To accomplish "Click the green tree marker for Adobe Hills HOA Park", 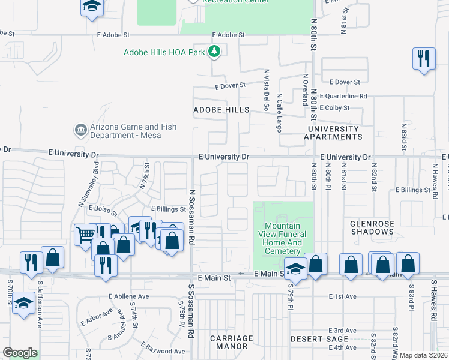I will click(x=214, y=52).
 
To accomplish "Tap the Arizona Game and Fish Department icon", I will click(x=80, y=130).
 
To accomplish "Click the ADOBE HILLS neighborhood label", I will click(x=221, y=110).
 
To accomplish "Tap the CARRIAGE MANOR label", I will click(x=231, y=343).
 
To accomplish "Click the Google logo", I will click(x=20, y=353).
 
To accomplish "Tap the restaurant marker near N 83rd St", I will click(x=424, y=59).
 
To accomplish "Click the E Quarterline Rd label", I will click(x=343, y=96).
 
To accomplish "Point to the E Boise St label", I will click(x=103, y=209).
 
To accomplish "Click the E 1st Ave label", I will click(x=343, y=296).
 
